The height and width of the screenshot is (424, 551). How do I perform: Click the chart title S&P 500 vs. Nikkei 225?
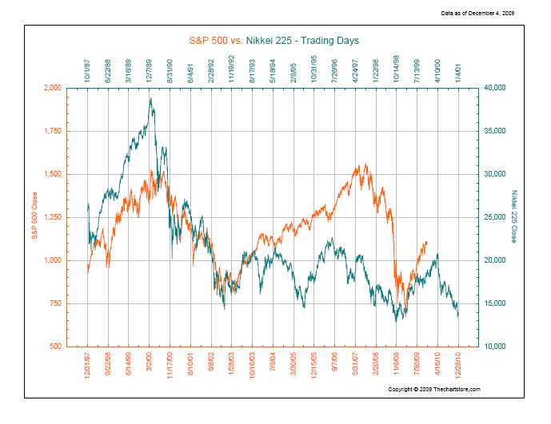[x=275, y=38]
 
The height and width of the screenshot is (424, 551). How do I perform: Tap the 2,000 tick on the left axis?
[x=51, y=88]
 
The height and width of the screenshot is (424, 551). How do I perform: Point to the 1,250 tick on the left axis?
[x=51, y=217]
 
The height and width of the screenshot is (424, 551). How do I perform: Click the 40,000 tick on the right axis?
[x=496, y=88]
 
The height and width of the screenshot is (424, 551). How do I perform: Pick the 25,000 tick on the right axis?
[x=496, y=217]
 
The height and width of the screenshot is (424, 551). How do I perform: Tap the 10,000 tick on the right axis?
[x=496, y=347]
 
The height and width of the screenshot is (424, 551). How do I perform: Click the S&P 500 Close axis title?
[x=34, y=217]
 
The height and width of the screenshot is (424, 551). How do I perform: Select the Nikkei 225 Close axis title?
[x=515, y=217]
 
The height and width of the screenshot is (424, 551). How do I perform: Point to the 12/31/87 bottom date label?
[x=88, y=368]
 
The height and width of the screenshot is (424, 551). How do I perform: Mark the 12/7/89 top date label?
[x=150, y=69]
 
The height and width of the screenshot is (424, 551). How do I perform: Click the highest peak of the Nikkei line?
[x=150, y=98]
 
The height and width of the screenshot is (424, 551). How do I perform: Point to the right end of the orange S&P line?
[x=427, y=241]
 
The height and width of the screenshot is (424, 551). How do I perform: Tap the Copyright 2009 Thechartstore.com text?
[x=433, y=389]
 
